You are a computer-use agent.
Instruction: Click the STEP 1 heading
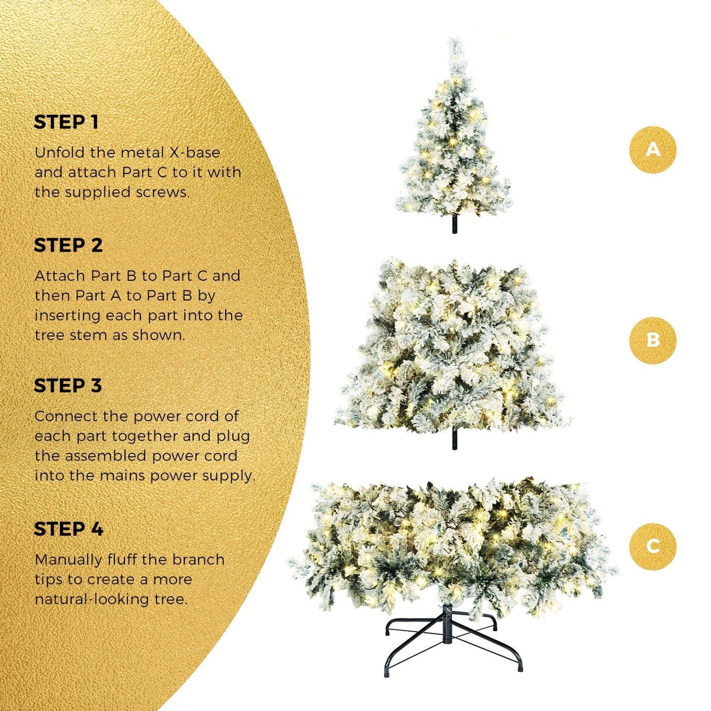(66, 122)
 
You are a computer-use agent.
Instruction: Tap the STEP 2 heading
(68, 245)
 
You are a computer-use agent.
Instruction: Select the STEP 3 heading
(68, 386)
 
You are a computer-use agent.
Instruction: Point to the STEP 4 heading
(68, 529)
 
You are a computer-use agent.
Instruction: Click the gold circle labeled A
(652, 150)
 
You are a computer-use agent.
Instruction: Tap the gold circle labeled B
(652, 340)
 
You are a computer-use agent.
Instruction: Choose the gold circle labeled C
(652, 546)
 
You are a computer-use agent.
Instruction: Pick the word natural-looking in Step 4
(92, 599)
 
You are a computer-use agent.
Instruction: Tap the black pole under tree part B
(454, 439)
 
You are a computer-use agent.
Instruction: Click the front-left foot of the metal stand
(387, 673)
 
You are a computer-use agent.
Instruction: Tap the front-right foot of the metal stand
(520, 668)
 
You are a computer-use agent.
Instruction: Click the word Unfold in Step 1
(59, 152)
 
